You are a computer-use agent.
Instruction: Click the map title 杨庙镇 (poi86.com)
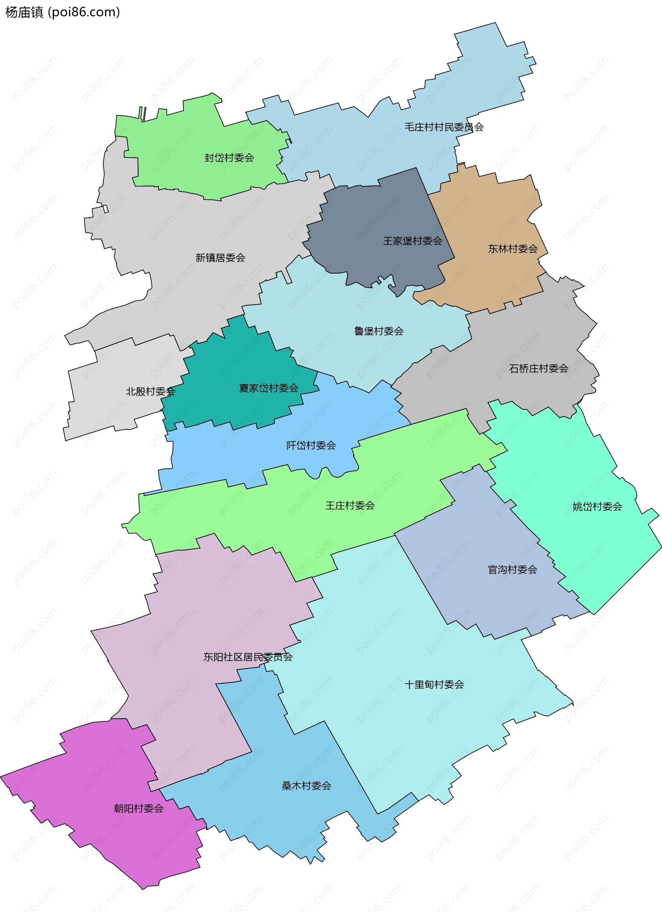(62, 12)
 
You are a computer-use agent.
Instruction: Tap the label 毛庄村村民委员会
(444, 127)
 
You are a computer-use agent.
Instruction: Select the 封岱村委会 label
(229, 158)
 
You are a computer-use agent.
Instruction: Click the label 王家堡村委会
(412, 241)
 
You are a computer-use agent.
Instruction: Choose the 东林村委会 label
(513, 249)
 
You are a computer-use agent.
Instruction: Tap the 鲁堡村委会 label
(379, 331)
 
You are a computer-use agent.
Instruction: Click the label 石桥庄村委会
(539, 368)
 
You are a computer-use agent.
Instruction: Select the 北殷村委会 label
(150, 391)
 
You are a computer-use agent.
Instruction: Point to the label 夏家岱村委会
(269, 388)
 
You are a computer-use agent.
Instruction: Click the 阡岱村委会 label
(311, 445)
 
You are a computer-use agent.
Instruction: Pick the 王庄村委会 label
(350, 505)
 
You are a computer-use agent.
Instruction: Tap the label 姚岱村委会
(597, 507)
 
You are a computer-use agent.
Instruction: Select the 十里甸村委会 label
(434, 684)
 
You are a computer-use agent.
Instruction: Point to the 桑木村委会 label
(307, 786)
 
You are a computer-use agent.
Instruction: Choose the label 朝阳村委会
(139, 808)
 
